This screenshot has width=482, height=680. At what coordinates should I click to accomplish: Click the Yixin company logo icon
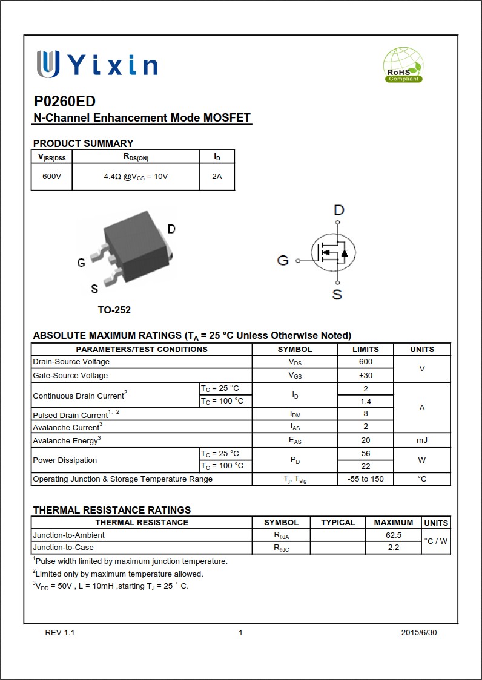(48, 64)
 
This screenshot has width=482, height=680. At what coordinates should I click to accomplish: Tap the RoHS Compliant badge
(403, 65)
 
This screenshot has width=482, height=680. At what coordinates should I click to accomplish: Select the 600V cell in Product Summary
(51, 177)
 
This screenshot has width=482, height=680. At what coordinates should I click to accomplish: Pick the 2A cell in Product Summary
(217, 177)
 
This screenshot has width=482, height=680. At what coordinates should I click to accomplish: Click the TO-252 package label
(114, 310)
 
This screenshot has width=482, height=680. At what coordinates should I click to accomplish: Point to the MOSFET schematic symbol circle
(333, 253)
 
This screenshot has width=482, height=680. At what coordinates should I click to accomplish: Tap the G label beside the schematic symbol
(283, 261)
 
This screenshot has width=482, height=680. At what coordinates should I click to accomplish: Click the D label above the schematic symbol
(338, 210)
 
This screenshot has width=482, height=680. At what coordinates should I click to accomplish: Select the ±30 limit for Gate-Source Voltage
(365, 375)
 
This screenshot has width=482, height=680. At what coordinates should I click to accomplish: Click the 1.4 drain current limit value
(365, 401)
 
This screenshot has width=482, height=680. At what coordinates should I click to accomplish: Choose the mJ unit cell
(422, 440)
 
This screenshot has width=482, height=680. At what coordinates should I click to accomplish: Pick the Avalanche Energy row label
(67, 440)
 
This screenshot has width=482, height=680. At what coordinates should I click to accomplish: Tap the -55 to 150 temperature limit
(365, 479)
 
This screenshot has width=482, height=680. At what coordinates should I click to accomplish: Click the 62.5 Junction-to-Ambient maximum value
(393, 535)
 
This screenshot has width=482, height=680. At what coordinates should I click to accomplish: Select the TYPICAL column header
(338, 522)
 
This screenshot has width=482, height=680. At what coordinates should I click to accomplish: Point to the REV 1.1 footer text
(60, 633)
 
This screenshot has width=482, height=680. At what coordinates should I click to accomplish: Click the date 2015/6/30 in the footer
(418, 633)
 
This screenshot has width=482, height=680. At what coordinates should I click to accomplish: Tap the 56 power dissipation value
(365, 453)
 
